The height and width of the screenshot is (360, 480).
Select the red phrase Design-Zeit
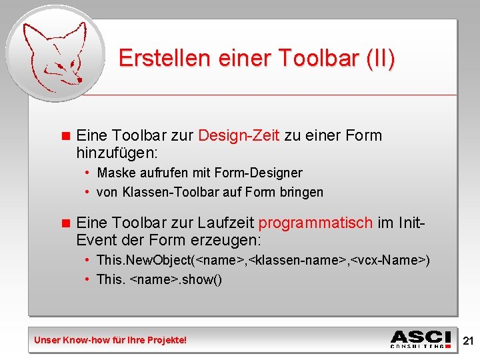click(x=239, y=135)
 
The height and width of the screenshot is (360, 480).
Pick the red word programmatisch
click(x=315, y=223)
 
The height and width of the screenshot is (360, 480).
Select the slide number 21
click(x=468, y=341)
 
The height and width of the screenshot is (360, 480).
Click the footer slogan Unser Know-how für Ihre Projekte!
click(x=111, y=340)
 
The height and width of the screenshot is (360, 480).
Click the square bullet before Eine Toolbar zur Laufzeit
click(x=65, y=223)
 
